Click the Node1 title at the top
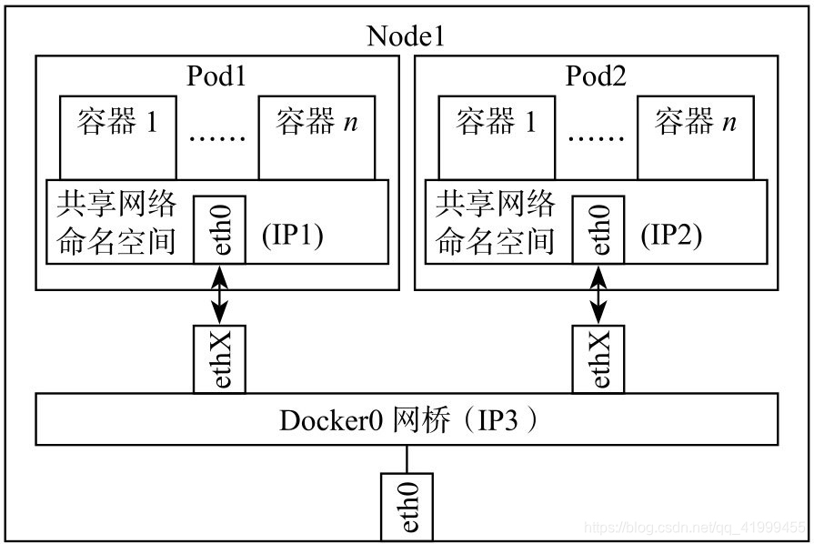click(x=406, y=36)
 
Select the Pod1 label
click(x=216, y=75)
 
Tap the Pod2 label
click(x=596, y=75)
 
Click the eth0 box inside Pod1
click(x=220, y=230)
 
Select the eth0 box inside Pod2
click(x=598, y=230)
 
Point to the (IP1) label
click(x=292, y=236)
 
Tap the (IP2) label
click(x=671, y=236)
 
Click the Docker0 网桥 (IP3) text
click(x=406, y=420)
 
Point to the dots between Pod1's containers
click(x=217, y=139)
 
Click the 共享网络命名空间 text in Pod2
click(x=496, y=223)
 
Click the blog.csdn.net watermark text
click(x=695, y=527)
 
